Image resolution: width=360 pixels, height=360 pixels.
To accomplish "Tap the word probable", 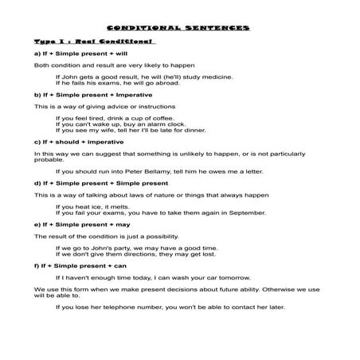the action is pos(49,158).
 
